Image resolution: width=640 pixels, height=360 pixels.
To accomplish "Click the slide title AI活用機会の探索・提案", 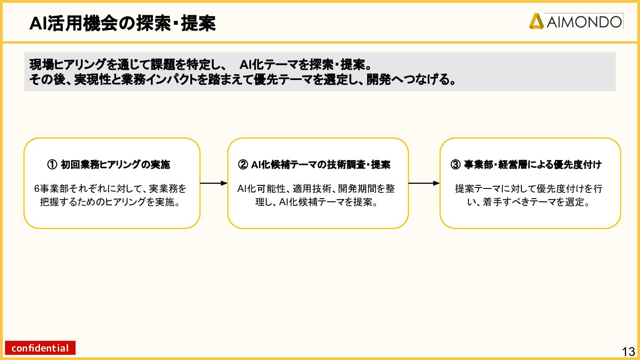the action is (x=123, y=24).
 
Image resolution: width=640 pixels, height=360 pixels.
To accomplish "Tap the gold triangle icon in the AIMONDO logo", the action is (x=536, y=21).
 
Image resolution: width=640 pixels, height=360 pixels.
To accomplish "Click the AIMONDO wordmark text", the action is (x=584, y=21).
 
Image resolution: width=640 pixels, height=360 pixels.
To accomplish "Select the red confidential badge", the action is (x=40, y=348).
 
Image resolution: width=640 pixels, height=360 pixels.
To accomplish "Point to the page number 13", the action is (x=628, y=352).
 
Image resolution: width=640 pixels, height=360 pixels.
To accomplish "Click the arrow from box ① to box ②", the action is (x=213, y=183).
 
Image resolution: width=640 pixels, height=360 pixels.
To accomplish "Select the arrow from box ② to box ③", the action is (x=424, y=183).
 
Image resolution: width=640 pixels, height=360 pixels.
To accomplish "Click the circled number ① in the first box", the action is (x=52, y=165).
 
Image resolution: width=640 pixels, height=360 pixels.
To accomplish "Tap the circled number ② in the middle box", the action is (x=243, y=165).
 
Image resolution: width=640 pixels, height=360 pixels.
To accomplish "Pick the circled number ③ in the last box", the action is (x=456, y=165).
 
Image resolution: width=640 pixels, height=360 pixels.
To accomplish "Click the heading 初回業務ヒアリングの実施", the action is (x=116, y=165).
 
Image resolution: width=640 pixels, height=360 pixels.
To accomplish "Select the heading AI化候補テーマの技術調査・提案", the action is (x=320, y=165).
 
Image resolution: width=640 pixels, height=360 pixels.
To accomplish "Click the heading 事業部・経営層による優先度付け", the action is (x=532, y=165).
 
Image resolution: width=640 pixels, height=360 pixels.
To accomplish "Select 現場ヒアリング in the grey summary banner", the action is (x=68, y=65).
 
